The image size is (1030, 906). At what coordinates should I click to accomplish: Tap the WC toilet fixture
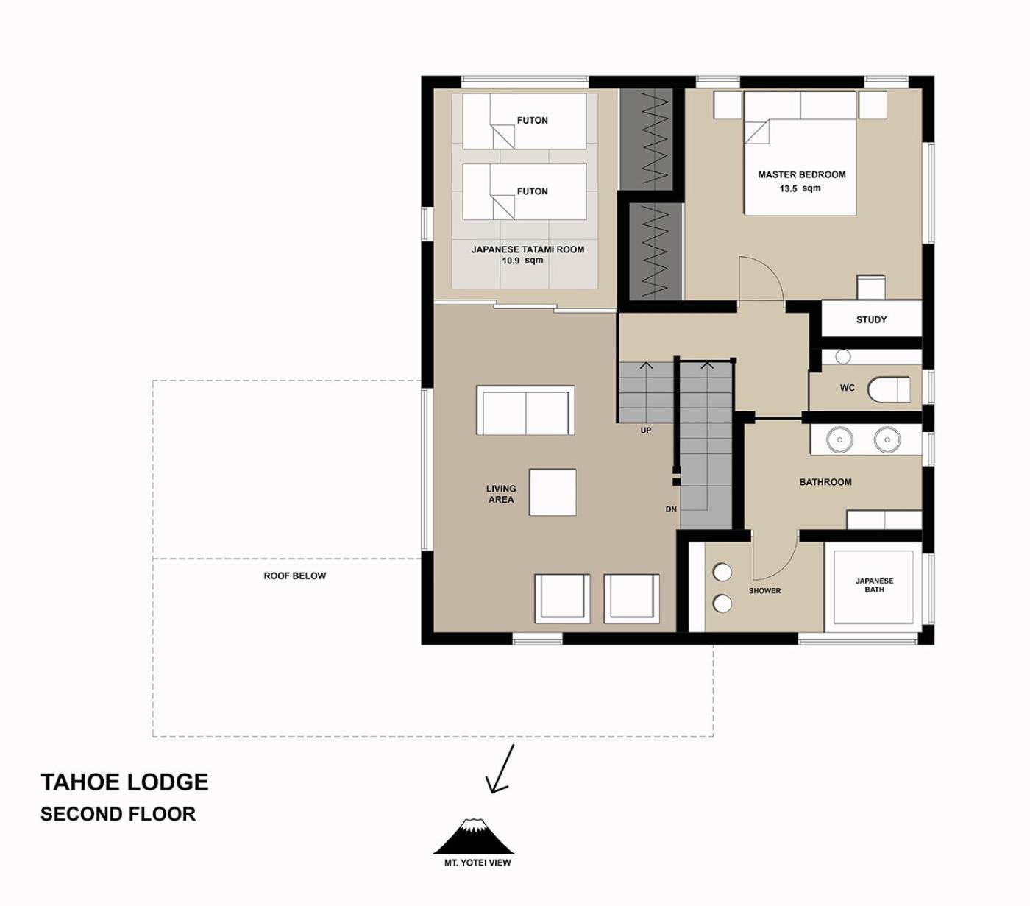point(889,389)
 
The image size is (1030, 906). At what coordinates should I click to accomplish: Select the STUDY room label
point(871,319)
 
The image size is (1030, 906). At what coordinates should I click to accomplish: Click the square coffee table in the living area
point(553,492)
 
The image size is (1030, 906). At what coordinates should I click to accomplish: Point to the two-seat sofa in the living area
point(525,411)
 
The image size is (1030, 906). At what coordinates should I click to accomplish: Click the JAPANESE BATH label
point(874,585)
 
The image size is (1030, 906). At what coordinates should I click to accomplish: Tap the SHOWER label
point(764,590)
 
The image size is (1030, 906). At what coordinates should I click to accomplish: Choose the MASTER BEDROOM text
point(802,174)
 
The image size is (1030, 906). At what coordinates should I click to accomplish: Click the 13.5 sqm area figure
point(800,188)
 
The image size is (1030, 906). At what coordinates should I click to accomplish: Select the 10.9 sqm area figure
point(522,261)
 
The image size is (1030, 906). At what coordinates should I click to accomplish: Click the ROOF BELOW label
point(294,576)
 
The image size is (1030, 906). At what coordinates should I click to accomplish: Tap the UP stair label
point(646,431)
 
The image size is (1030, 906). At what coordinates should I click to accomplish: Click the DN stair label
point(671,509)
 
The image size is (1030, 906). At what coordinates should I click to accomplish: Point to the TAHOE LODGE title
point(124,782)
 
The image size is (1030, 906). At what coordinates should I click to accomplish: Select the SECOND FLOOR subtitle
point(118,814)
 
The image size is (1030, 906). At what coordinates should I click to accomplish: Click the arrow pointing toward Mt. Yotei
point(500,769)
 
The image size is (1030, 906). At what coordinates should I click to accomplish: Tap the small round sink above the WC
point(843,357)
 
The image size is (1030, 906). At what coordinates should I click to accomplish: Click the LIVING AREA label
point(501,494)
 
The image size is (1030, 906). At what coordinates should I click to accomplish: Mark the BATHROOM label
point(825,482)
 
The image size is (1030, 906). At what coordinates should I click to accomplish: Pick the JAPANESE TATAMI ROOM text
point(528,249)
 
